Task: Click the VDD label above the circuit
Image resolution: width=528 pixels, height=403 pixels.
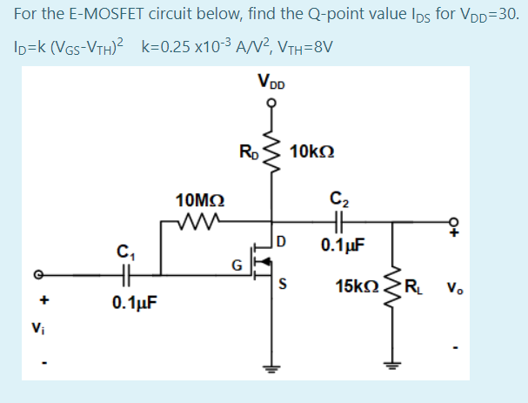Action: pos(271,84)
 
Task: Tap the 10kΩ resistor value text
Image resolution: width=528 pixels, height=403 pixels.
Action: pos(309,153)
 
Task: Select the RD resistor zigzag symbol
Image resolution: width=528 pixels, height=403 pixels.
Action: pos(271,154)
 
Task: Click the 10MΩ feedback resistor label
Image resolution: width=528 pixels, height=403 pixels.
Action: pos(198,201)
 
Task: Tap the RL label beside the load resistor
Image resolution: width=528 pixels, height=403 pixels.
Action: pos(419,285)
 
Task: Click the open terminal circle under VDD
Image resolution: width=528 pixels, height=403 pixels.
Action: pos(271,102)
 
